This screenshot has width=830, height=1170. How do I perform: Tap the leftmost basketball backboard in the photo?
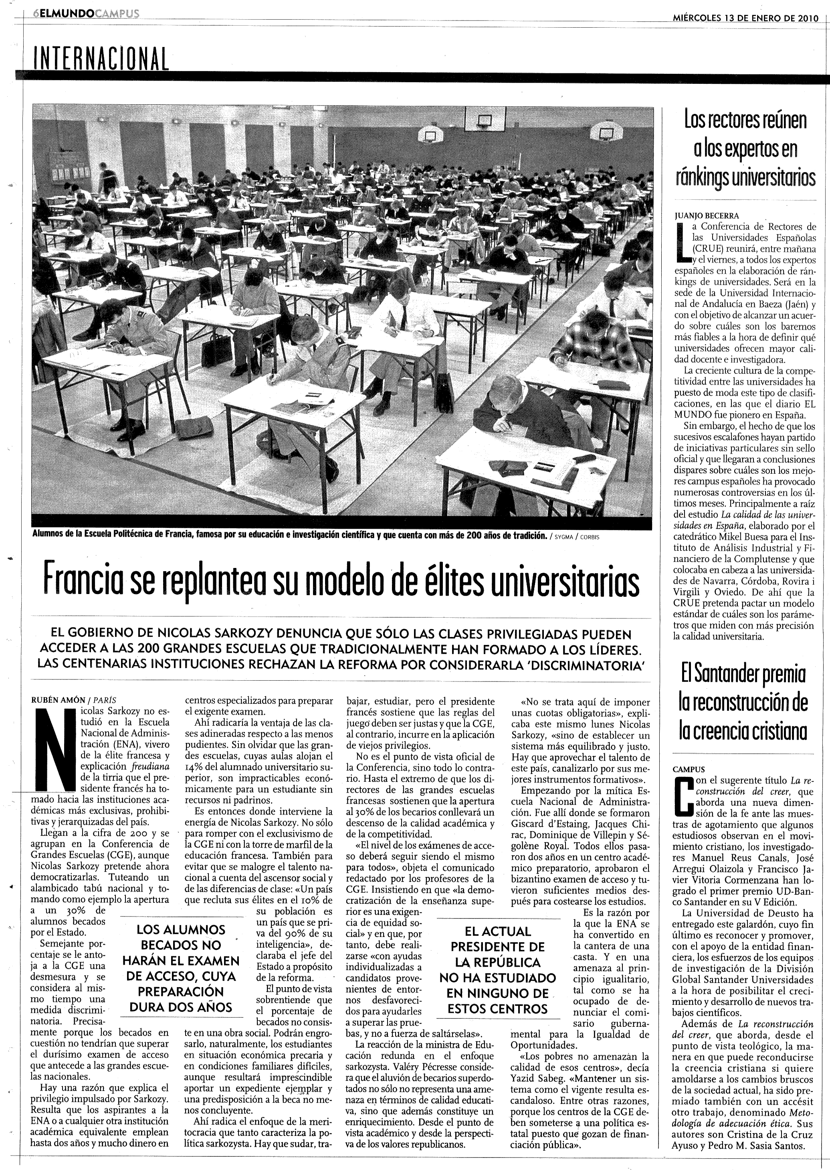click(x=430, y=134)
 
